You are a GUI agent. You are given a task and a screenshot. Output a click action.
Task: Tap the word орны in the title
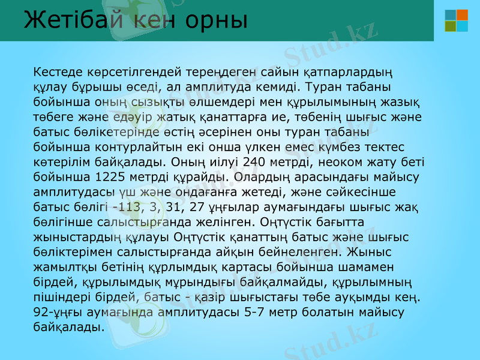217,20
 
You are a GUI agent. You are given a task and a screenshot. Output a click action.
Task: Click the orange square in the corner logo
463,14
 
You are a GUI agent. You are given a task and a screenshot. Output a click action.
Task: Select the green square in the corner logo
450,26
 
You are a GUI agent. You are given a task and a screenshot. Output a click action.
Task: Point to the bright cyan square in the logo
463,26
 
